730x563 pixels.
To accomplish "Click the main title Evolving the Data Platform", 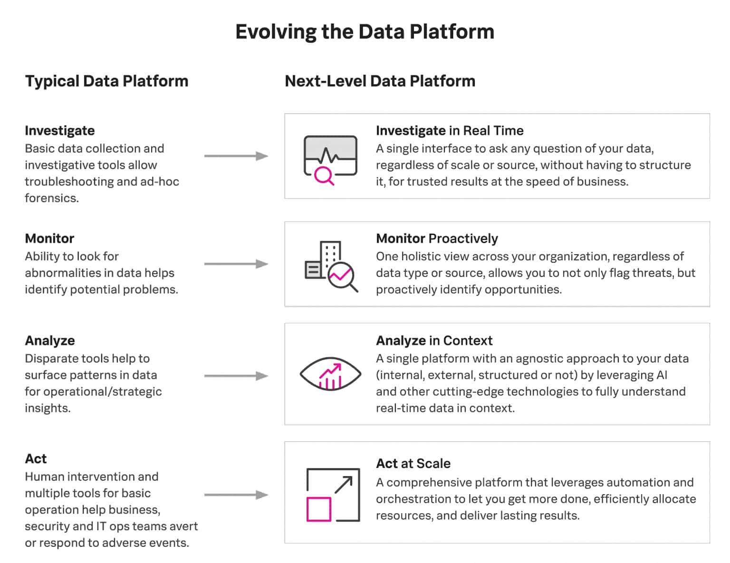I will [x=365, y=32].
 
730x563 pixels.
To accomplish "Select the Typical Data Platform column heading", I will [x=106, y=81].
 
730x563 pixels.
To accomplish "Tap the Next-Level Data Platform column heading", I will [x=380, y=81].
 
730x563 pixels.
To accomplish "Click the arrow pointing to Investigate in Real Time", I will [x=236, y=156].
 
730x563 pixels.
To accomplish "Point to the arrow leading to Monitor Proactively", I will [x=236, y=264].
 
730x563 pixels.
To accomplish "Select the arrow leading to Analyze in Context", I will [x=236, y=376].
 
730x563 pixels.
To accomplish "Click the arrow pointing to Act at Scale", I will [x=236, y=495].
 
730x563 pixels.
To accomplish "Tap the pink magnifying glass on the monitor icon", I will [x=324, y=176].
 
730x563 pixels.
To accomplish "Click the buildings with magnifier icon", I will [x=331, y=266].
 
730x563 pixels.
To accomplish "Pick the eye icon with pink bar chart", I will [x=330, y=375].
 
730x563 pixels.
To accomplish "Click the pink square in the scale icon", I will [x=318, y=509].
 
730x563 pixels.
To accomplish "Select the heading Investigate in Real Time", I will [x=449, y=131].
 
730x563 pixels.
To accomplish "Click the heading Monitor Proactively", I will [x=436, y=239].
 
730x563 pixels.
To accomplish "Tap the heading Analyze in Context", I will [x=434, y=341].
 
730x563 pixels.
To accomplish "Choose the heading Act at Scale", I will [x=413, y=464].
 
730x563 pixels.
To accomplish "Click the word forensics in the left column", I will [x=51, y=198].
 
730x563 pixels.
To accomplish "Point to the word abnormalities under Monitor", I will [x=61, y=273].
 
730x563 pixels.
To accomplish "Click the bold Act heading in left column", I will [x=36, y=459].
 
